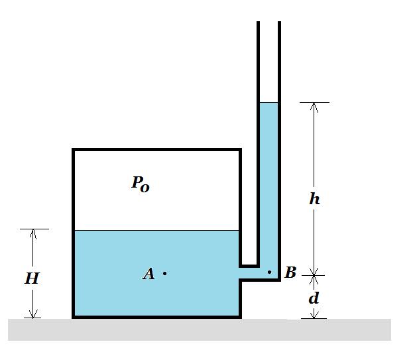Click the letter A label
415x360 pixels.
click(x=148, y=274)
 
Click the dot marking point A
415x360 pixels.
click(x=164, y=273)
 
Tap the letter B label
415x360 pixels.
click(x=290, y=272)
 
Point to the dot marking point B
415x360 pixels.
click(x=269, y=272)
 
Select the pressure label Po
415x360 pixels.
click(x=141, y=184)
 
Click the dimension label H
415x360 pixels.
click(x=32, y=278)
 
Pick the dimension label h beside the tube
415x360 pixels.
click(x=314, y=198)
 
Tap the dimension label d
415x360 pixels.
click(x=314, y=298)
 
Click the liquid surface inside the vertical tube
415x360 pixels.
click(x=268, y=103)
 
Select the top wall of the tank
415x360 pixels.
click(x=156, y=150)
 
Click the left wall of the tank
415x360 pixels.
click(x=74, y=233)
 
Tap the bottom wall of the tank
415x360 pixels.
click(x=156, y=317)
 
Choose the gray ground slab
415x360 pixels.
click(x=200, y=330)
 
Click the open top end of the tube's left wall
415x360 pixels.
click(x=259, y=22)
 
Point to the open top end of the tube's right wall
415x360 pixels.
click(x=279, y=22)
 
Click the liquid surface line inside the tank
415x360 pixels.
click(x=157, y=230)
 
